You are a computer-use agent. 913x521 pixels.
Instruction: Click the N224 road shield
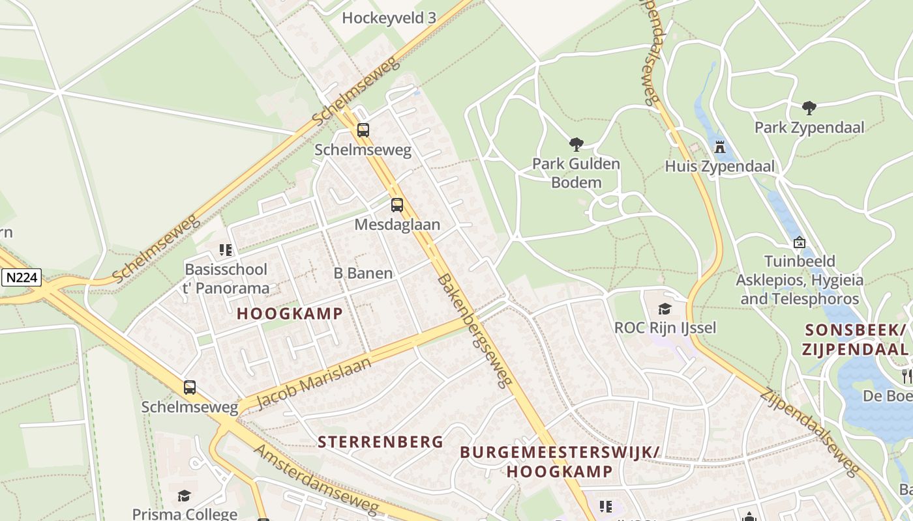coord(21,278)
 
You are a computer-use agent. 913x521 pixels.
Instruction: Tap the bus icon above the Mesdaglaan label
coord(397,205)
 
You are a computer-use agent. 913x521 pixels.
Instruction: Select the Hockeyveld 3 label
coord(389,18)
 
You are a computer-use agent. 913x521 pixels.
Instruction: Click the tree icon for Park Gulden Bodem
coord(575,144)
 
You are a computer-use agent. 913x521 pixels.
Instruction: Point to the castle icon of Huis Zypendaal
coord(720,147)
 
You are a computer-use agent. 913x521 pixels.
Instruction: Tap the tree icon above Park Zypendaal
coord(809,107)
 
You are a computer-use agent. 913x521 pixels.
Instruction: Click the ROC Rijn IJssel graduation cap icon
coord(665,309)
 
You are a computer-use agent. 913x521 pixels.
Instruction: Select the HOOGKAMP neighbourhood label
coord(290,313)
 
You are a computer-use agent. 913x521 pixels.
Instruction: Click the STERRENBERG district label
coord(380,442)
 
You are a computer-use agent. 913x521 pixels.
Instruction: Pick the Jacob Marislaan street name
coord(314,382)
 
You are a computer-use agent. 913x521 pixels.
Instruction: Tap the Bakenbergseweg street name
coord(474,331)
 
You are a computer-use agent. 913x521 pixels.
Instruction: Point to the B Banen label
coord(363,274)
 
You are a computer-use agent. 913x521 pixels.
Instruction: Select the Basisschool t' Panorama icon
coord(226,250)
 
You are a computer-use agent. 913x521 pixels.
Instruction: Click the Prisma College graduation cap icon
coord(184,496)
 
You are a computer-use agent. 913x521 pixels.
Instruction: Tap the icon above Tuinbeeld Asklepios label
coord(799,242)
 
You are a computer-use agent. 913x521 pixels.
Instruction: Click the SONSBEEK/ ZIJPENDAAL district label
coord(856,339)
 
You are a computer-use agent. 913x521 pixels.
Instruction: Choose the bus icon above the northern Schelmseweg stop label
coord(363,130)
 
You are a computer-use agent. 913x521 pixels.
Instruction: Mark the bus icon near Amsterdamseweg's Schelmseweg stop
coord(189,387)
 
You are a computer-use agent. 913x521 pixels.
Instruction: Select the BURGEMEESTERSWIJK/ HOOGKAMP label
coord(560,462)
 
